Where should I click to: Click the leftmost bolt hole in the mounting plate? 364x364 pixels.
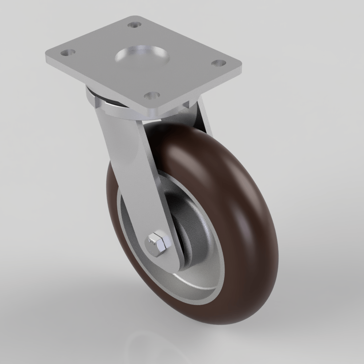coord(67,53)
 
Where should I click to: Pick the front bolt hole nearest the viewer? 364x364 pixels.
coord(152,95)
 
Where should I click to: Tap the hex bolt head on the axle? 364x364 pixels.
coord(158,242)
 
